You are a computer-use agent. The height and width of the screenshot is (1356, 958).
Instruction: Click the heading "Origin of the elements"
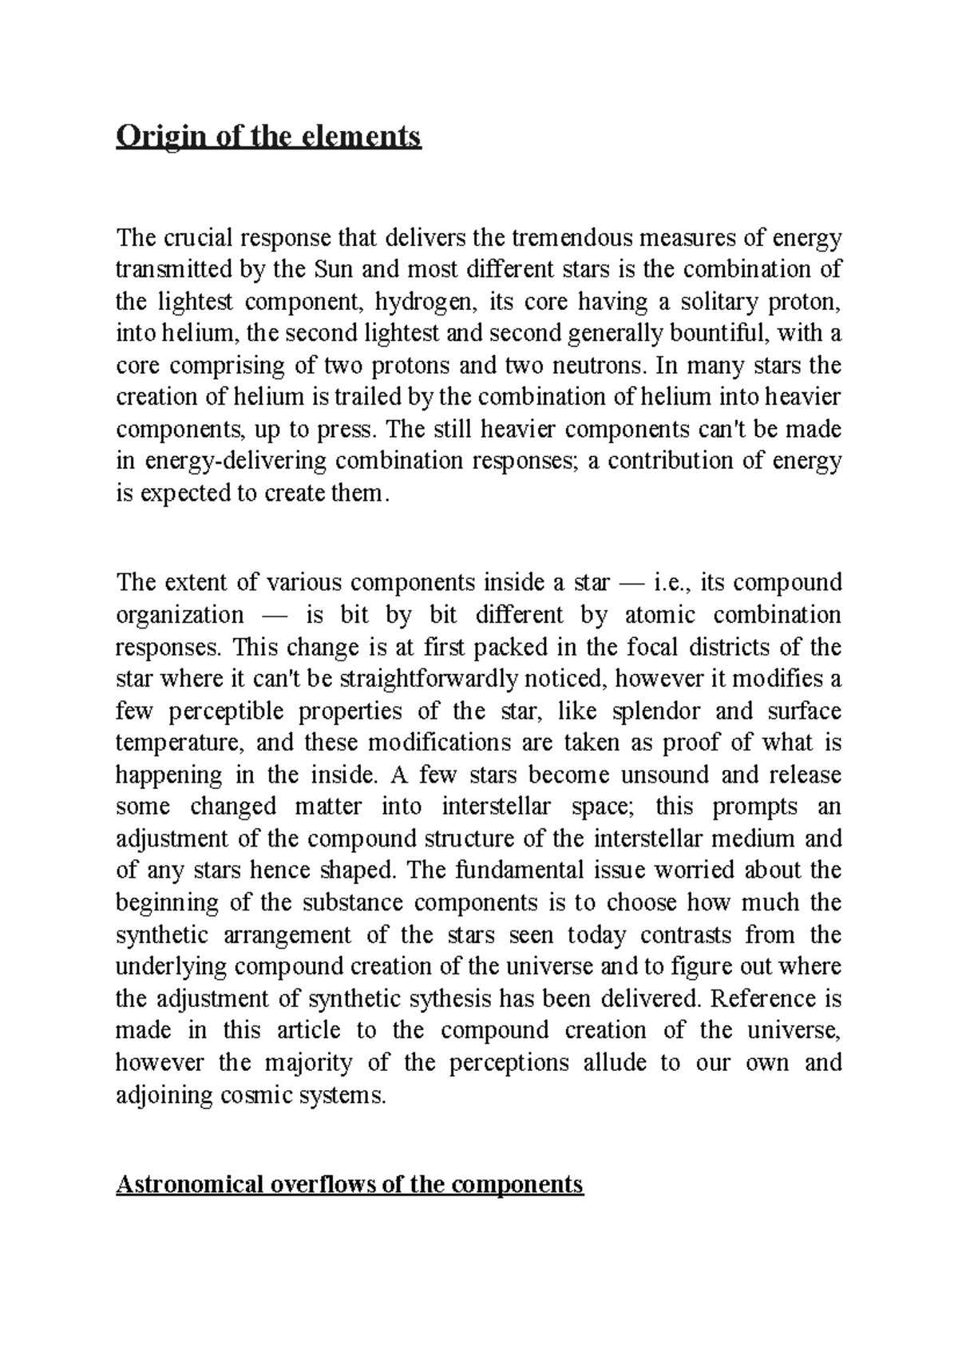click(268, 137)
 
